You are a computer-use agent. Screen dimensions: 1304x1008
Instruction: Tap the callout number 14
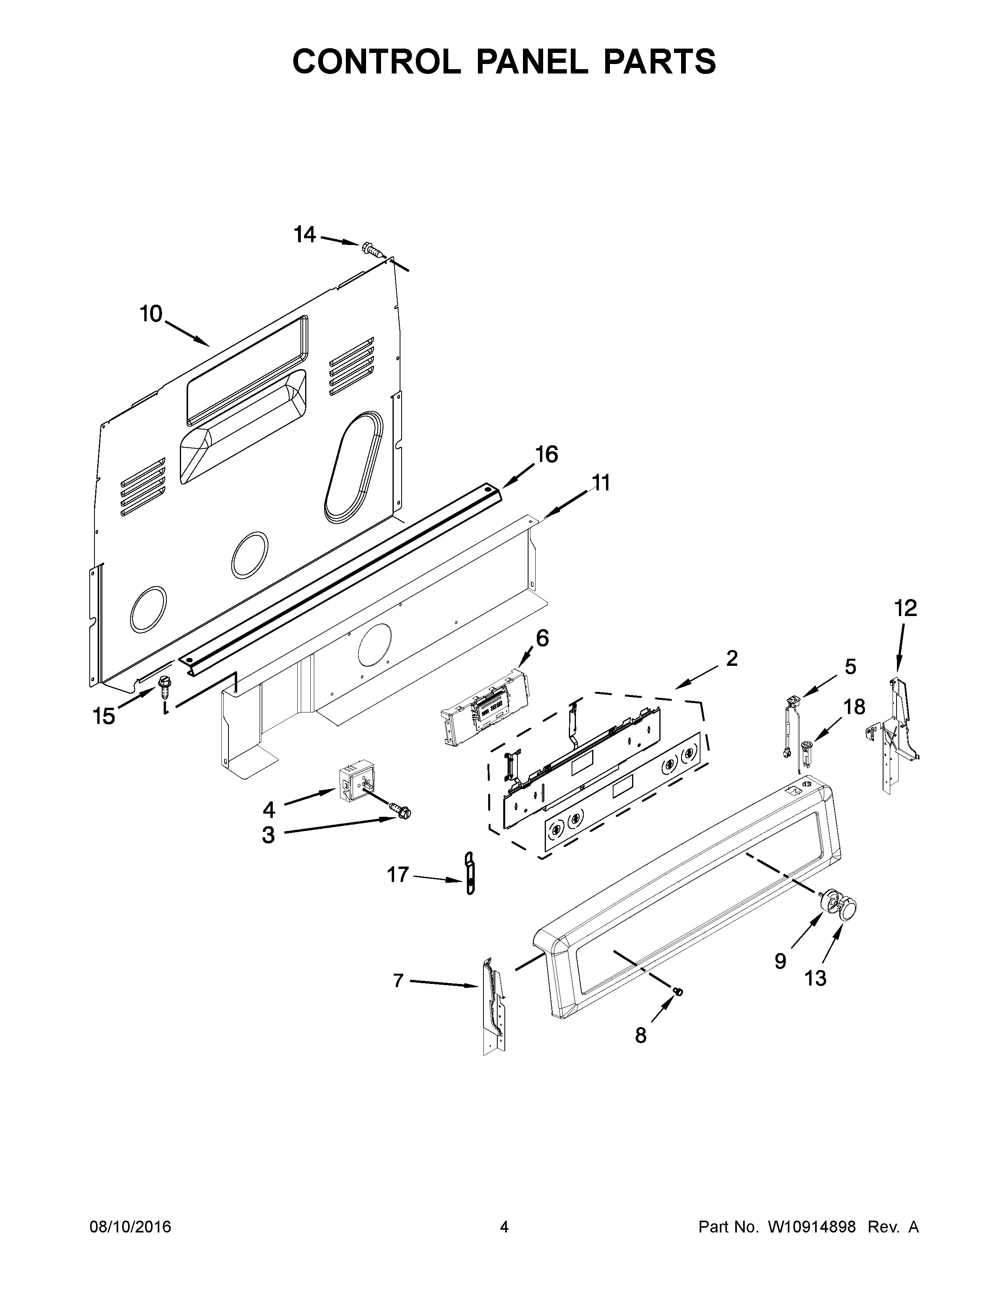304,235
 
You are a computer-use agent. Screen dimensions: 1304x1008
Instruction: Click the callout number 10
151,313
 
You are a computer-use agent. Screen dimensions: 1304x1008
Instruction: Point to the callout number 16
546,454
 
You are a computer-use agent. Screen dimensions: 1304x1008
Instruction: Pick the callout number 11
601,482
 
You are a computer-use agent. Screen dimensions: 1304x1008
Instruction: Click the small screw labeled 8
678,992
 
